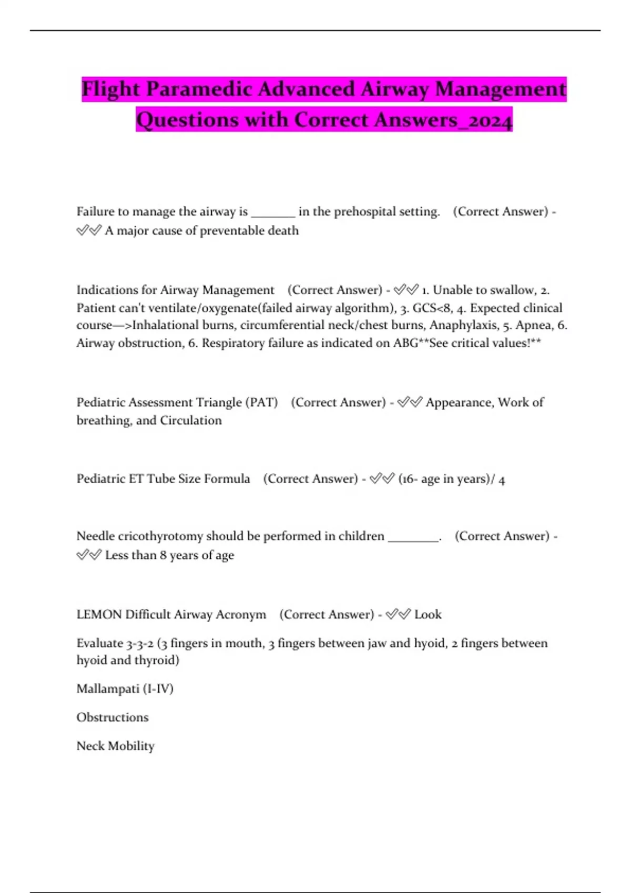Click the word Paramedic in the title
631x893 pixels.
[x=199, y=89]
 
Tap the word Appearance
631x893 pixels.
[x=459, y=402]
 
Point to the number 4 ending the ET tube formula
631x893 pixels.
[x=502, y=480]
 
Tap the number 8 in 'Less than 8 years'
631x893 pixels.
[x=163, y=555]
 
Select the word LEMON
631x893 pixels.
[x=99, y=615]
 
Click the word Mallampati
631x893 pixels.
[x=108, y=689]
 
